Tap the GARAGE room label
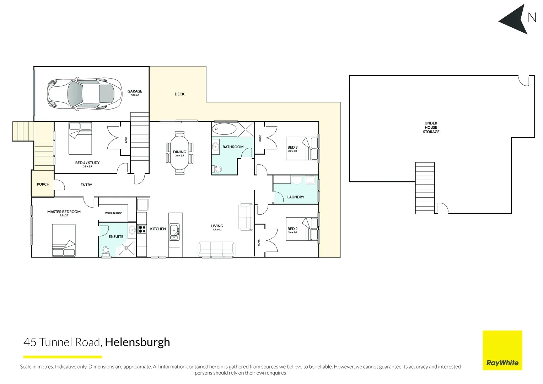tap(135, 91)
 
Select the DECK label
tap(179, 94)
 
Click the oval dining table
tap(179, 153)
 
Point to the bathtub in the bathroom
tap(224, 129)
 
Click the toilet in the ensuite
tap(106, 251)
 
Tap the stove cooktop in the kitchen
tap(142, 229)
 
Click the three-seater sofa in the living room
tap(216, 249)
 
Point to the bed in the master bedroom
tap(64, 240)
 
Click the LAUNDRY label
tap(296, 197)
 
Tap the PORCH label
tap(43, 184)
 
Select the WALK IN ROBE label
tap(113, 213)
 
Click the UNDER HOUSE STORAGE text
tap(431, 127)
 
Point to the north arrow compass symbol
tap(515, 20)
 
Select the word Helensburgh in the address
tap(138, 342)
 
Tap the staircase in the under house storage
tap(425, 188)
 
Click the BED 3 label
tap(292, 147)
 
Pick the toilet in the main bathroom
tap(217, 169)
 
